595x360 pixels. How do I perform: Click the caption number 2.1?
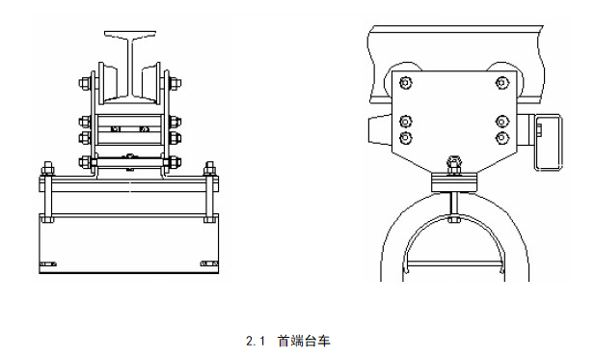click(x=255, y=341)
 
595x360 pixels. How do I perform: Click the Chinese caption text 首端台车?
click(x=304, y=341)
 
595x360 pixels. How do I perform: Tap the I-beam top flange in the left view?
click(x=130, y=35)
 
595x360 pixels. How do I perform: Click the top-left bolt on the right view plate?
click(x=406, y=82)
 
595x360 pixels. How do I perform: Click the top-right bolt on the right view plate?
click(x=502, y=82)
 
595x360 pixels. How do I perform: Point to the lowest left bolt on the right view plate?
click(x=406, y=138)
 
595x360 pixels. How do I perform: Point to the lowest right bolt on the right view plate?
click(x=502, y=138)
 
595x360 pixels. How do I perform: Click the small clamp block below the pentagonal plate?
click(x=454, y=182)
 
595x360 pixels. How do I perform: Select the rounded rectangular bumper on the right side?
click(x=549, y=142)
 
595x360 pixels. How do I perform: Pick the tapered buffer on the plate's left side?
click(x=380, y=129)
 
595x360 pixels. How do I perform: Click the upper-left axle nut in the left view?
click(x=85, y=83)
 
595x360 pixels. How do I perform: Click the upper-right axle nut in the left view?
click(x=175, y=83)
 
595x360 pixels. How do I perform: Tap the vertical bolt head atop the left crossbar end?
click(x=47, y=168)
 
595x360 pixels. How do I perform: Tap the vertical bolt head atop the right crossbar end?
click(x=210, y=168)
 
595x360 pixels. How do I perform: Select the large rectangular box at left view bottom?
click(x=129, y=243)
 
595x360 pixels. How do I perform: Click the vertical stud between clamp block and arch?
click(x=454, y=205)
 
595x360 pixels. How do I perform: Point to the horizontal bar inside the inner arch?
click(x=454, y=263)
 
